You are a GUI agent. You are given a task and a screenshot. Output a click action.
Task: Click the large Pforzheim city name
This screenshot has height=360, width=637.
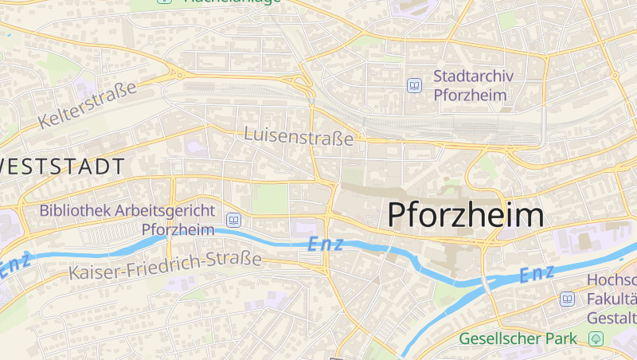pos(466,215)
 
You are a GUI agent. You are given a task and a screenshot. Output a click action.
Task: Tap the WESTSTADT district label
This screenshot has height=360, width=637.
pos(62,167)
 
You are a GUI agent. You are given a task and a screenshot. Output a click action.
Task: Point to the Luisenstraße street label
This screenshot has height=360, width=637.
pos(299,136)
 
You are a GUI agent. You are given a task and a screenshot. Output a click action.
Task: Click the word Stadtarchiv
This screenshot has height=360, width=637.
pos(473,76)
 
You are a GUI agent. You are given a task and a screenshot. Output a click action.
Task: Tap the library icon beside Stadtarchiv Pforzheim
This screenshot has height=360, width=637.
pos(414,85)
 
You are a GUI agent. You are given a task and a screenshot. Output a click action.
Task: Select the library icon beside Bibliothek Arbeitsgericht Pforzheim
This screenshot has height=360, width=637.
pos(234,219)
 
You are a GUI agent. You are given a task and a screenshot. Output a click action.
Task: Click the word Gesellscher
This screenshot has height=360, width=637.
pos(501,338)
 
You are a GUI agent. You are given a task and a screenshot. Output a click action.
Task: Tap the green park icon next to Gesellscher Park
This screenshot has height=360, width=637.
pos(596,338)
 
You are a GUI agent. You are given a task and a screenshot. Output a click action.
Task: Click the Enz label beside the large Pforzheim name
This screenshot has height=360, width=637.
pos(326,244)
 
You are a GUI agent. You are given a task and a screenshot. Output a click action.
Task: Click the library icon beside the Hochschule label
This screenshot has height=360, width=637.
pos(567,299)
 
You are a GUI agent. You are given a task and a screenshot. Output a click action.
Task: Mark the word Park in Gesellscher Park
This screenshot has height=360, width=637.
pos(561,338)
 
